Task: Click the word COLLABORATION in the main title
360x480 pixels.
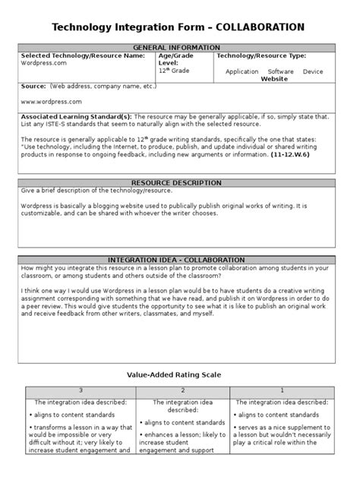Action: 261,27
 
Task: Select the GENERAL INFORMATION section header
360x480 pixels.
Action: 176,47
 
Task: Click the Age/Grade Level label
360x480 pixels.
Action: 176,59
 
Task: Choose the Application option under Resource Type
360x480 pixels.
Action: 242,71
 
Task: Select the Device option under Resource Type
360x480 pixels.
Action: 312,71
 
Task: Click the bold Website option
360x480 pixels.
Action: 274,78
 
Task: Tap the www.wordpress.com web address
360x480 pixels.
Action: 51,101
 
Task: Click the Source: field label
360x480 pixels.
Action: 34,87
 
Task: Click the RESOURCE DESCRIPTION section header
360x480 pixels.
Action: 176,183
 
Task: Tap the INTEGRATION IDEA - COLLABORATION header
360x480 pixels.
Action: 176,260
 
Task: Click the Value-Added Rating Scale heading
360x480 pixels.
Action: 176,374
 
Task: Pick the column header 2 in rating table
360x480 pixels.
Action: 182,391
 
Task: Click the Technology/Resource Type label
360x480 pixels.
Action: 261,55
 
